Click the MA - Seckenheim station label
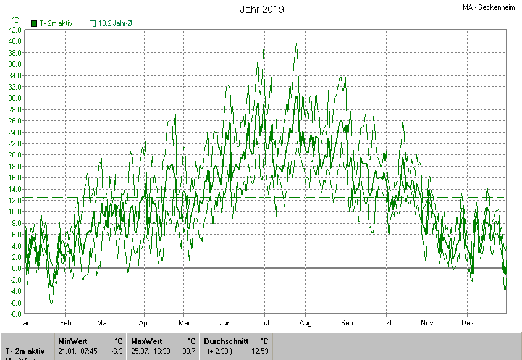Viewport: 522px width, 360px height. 489,7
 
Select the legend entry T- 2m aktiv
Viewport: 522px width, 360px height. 52,23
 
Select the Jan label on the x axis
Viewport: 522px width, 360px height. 25,323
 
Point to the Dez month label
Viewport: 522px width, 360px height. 468,323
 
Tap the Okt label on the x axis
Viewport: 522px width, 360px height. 387,323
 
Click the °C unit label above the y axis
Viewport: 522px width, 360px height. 15,20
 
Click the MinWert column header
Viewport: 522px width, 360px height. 72,341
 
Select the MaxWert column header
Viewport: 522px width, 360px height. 145,341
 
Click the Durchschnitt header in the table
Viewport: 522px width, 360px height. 226,341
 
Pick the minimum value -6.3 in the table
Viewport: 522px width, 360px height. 117,351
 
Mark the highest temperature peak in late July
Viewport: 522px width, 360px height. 297,43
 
